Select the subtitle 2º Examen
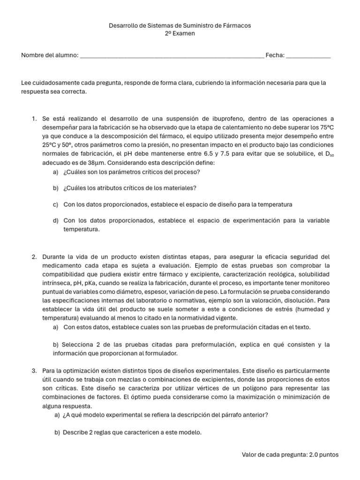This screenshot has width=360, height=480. tap(180, 33)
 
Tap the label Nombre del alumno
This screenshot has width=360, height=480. tap(50, 55)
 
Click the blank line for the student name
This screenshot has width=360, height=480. tap(172, 56)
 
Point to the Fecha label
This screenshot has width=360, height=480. tap(275, 55)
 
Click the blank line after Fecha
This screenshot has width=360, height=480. tap(308, 56)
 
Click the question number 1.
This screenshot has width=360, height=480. tap(34, 119)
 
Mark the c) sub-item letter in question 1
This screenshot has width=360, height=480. tap(55, 204)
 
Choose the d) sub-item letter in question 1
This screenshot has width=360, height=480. tap(55, 220)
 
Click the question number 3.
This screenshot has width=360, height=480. tap(34, 371)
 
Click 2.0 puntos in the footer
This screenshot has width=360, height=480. tap(323, 455)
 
